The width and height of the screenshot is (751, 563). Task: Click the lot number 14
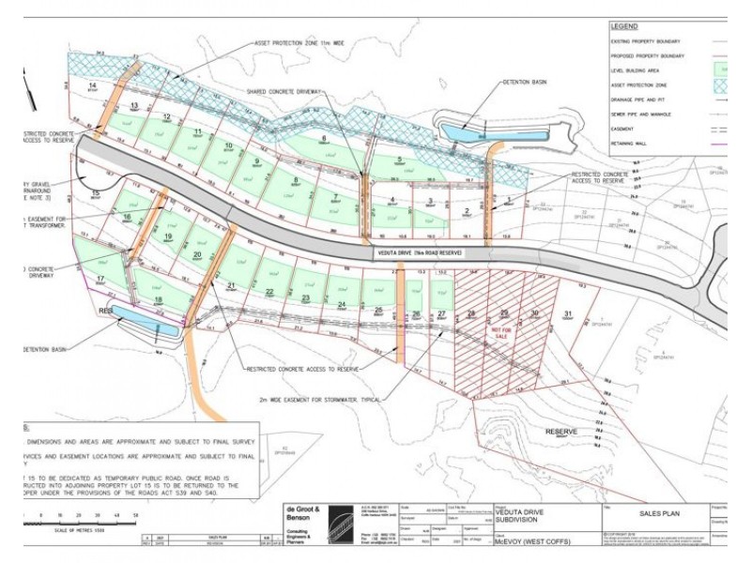(92, 85)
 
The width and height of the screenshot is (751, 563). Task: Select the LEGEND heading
(624, 27)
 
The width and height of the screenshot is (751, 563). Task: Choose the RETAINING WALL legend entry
(636, 145)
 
